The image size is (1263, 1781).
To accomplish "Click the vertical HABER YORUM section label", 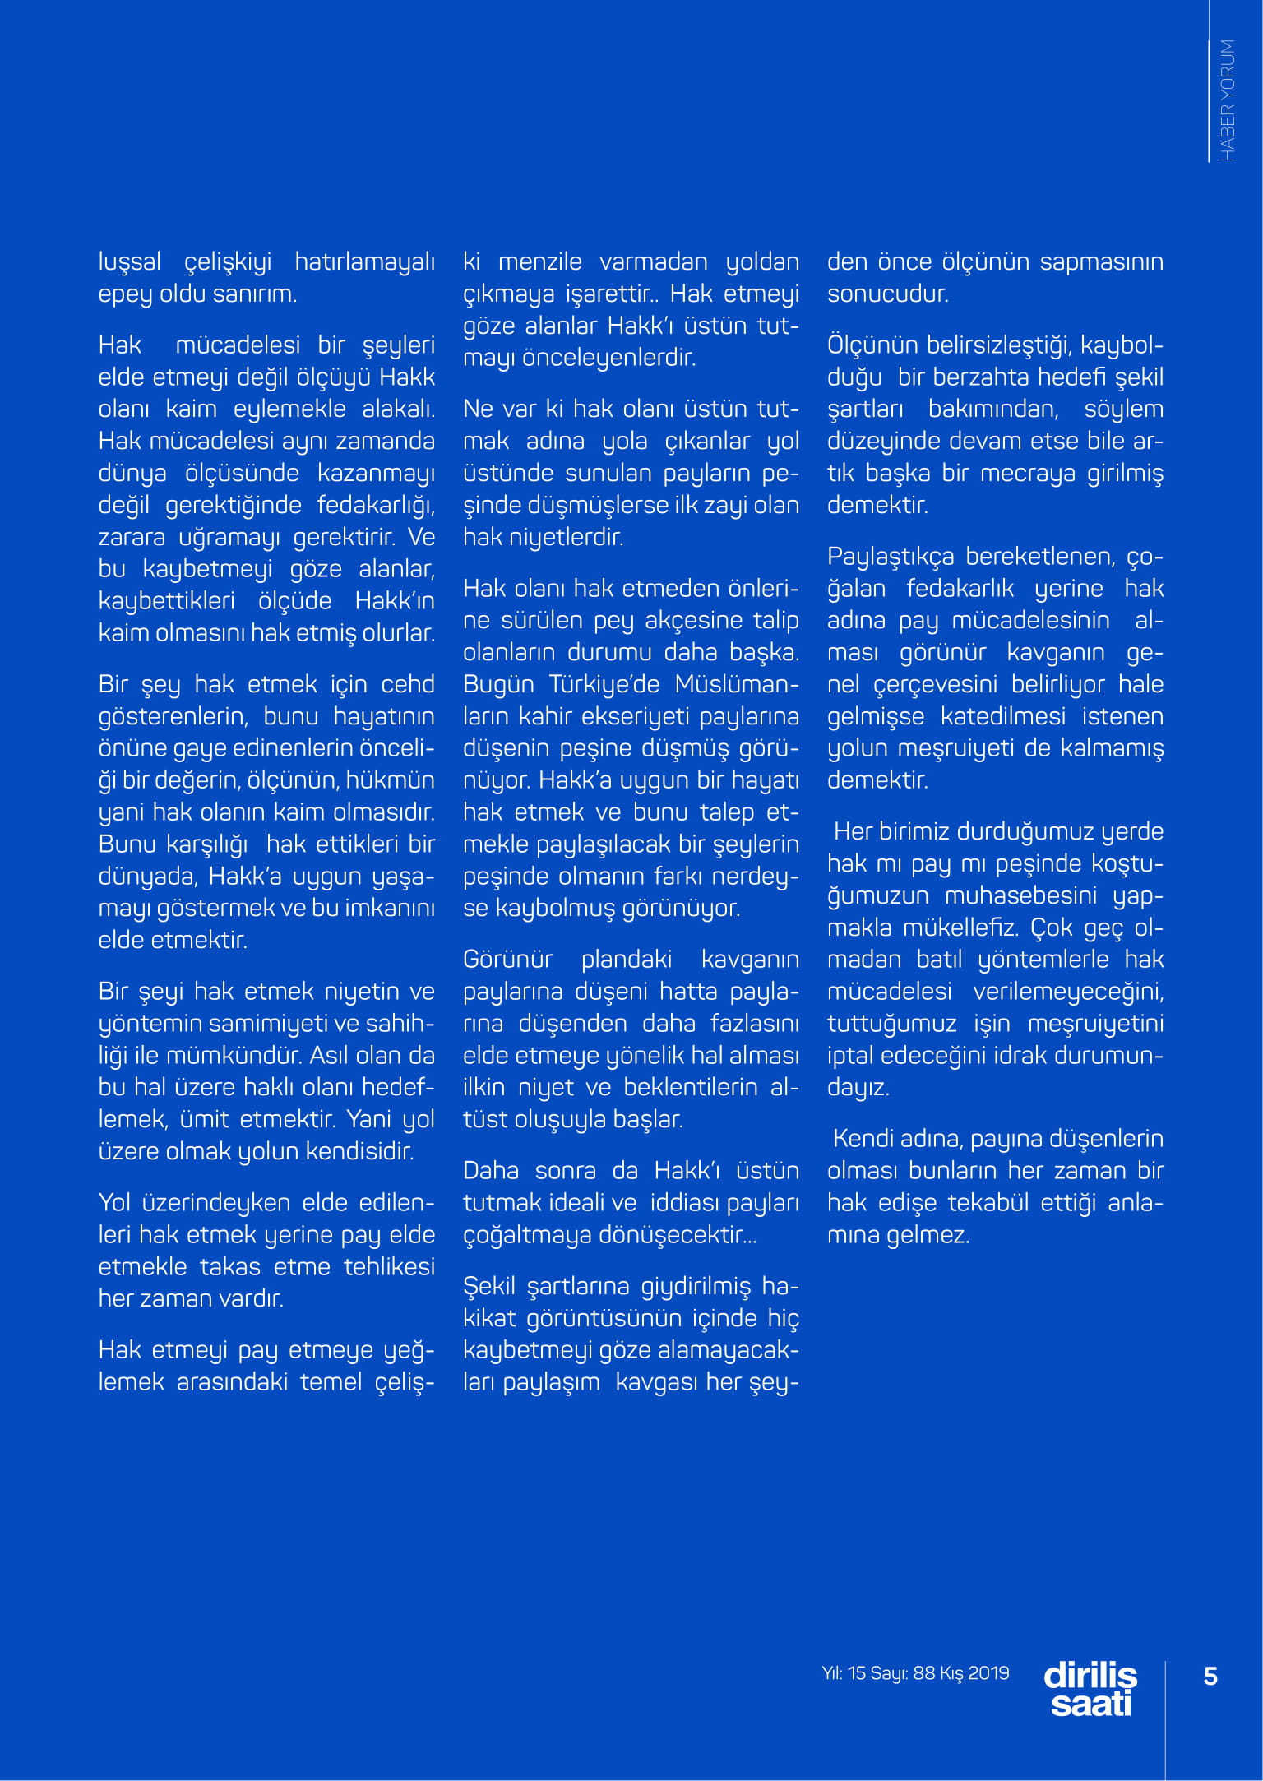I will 1227,100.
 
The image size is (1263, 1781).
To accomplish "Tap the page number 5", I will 1210,1676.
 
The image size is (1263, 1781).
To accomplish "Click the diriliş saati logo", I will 1090,1689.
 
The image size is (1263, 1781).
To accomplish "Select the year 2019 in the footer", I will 988,1673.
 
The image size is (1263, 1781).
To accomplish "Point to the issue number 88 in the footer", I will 924,1673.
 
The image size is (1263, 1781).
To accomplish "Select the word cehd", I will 408,684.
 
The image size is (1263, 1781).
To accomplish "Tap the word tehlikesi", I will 389,1266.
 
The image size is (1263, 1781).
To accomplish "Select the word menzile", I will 540,261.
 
